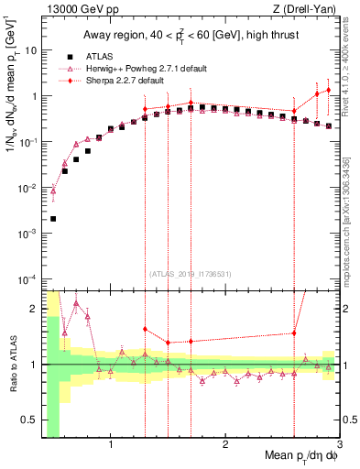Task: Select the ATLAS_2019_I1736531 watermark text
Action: pyautogui.click(x=191, y=273)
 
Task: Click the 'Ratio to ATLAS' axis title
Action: pyautogui.click(x=10, y=365)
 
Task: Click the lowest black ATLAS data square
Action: pyautogui.click(x=53, y=219)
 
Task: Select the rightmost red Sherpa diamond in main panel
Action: pyautogui.click(x=328, y=90)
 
